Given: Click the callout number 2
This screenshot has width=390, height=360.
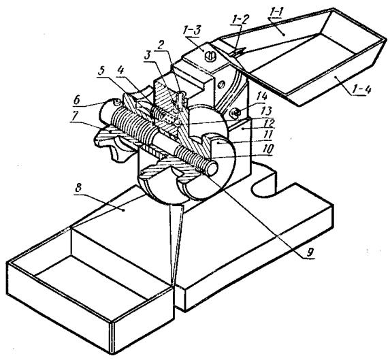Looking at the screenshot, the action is point(161,45).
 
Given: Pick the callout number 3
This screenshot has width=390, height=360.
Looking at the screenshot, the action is point(147,55).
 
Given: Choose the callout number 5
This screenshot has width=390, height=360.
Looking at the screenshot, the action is point(101,72).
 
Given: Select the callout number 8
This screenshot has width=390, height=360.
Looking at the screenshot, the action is point(78,188).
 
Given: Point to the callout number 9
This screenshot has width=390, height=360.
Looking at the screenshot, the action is point(310,253).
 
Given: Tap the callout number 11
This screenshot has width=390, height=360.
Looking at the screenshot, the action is point(268,135).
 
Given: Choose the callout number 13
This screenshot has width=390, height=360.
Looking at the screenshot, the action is point(266,111).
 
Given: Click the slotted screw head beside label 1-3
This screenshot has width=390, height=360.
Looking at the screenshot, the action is point(209,56).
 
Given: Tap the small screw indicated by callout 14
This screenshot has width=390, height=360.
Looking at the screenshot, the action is point(235,113).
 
